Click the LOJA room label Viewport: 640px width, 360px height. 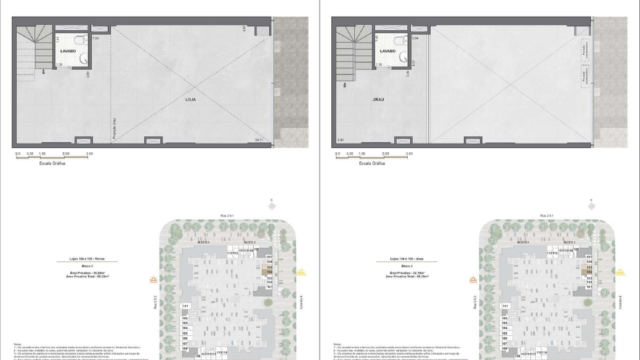click(190, 101)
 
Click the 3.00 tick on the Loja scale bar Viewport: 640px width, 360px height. click(91, 153)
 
